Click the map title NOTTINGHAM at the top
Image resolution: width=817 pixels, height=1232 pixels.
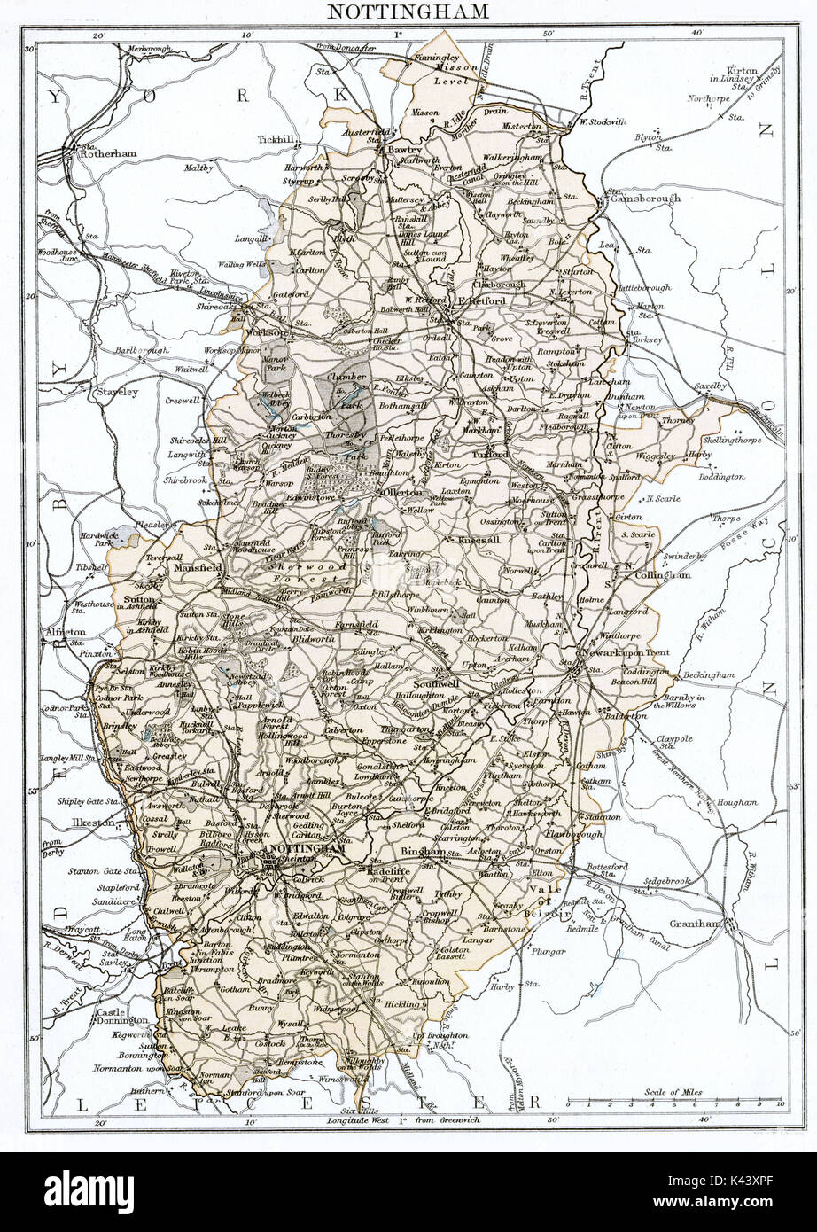408,12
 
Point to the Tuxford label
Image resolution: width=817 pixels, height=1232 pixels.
490,455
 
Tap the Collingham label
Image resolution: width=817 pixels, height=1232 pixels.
662,575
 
